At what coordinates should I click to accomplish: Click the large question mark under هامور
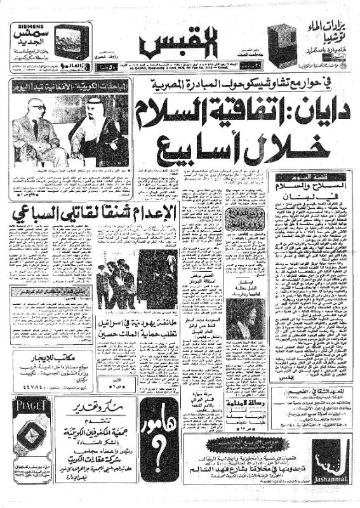coord(156,464)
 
